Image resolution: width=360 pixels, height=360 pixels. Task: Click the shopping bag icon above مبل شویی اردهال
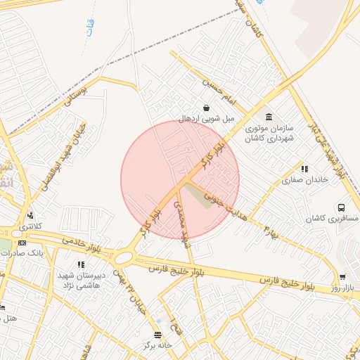point(207,108)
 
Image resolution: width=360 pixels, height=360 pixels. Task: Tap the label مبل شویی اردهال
point(207,119)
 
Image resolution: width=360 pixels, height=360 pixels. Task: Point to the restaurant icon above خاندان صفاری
point(304,169)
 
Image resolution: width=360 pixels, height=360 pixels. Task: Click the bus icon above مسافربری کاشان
point(341,208)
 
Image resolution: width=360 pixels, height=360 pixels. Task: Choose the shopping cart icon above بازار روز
point(342,278)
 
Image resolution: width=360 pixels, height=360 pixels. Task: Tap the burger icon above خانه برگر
point(157,334)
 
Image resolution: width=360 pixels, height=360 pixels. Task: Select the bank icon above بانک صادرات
point(22,242)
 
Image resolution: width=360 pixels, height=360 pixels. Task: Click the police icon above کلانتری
point(30,215)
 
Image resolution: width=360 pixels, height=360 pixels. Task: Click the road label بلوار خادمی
point(82,244)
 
